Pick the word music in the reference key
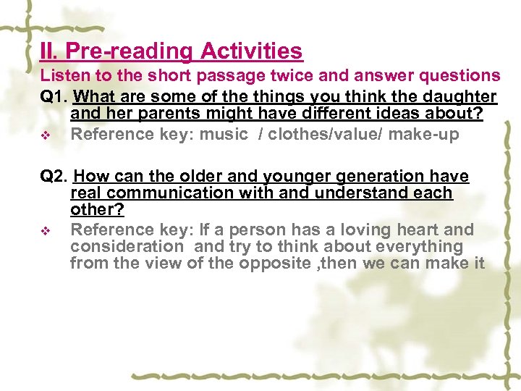224,134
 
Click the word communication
171,193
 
